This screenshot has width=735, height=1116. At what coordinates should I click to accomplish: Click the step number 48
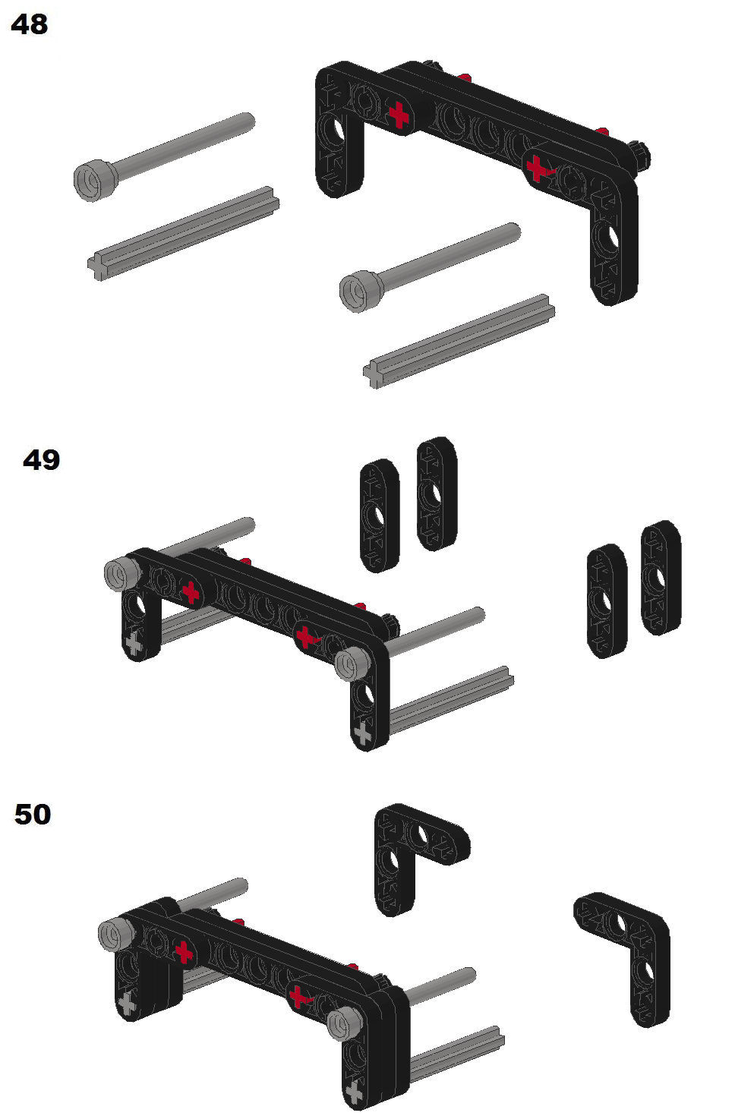(x=30, y=24)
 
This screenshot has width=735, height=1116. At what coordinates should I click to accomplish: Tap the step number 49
(x=41, y=459)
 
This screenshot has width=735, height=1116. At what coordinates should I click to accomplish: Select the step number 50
(x=33, y=815)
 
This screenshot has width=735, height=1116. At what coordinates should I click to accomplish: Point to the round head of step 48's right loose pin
(x=361, y=292)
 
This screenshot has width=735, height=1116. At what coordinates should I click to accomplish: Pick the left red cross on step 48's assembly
(x=399, y=115)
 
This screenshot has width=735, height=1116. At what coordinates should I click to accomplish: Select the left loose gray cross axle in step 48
(x=184, y=233)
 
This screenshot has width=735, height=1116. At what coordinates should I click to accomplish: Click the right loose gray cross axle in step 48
(x=459, y=342)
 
